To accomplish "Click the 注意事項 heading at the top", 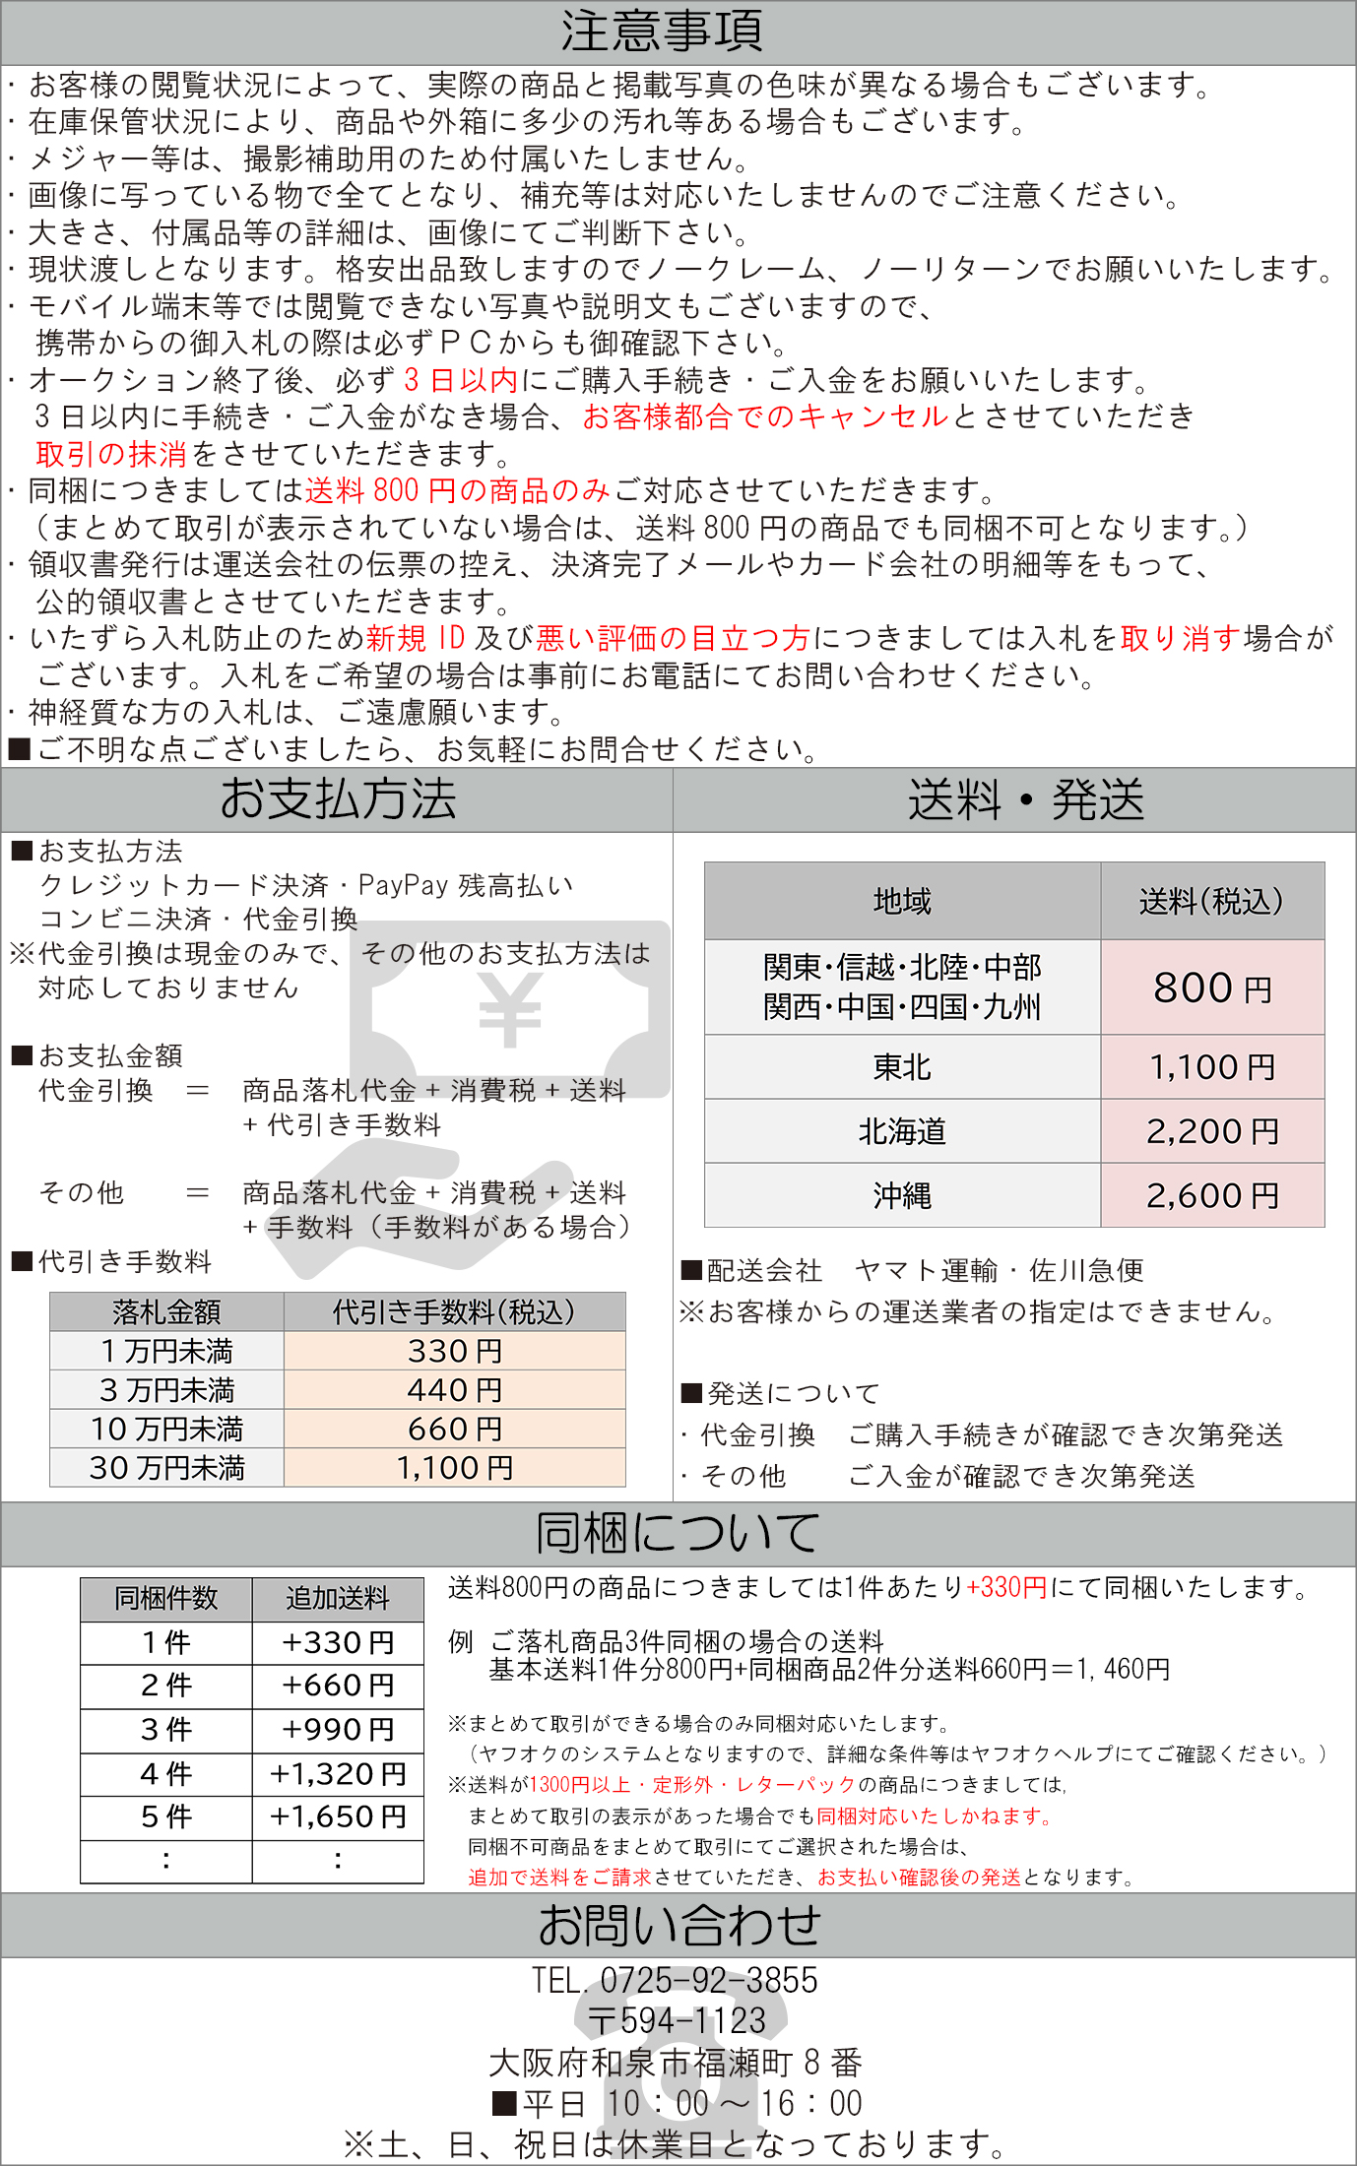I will click(662, 32).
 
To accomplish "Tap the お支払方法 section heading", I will click(338, 798).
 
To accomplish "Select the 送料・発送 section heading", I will click(1025, 799).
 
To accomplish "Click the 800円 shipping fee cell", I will click(1212, 987).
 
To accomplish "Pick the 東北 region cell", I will click(901, 1067).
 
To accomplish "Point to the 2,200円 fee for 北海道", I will click(1212, 1131).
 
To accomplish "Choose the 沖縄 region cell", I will click(901, 1195).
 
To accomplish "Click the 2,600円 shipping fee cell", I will click(1212, 1195).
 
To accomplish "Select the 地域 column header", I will click(901, 901).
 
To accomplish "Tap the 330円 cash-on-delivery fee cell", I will click(455, 1351).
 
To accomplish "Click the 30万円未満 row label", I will click(166, 1468).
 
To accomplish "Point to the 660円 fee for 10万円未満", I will click(455, 1429).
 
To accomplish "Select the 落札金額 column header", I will click(166, 1312).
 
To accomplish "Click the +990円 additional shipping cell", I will click(338, 1730).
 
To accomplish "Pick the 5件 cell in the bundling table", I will click(166, 1816).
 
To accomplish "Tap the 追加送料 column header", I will click(338, 1598).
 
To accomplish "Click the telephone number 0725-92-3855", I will click(709, 1980).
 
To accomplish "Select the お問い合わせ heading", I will click(678, 1926).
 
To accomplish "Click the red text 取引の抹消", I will click(111, 454).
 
